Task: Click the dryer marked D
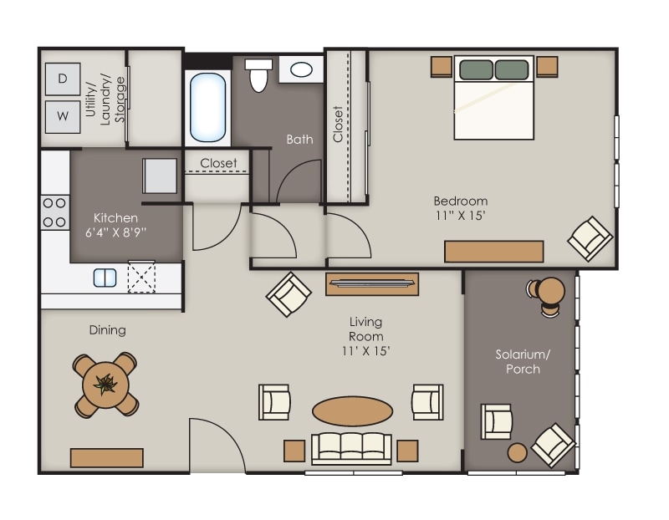point(63,79)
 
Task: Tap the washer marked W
point(63,116)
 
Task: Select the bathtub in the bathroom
point(207,107)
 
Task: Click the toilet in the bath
point(258,74)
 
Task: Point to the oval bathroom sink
point(302,69)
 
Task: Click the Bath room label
point(299,139)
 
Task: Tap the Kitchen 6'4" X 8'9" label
point(116,226)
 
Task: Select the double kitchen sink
point(105,278)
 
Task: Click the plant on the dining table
point(105,385)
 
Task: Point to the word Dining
point(107,330)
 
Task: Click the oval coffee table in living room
point(352,410)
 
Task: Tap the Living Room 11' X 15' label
point(366,336)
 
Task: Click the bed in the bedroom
point(493,97)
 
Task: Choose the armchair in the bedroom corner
point(590,238)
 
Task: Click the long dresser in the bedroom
point(493,251)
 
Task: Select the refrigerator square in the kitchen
point(160,176)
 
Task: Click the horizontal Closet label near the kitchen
point(218,163)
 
